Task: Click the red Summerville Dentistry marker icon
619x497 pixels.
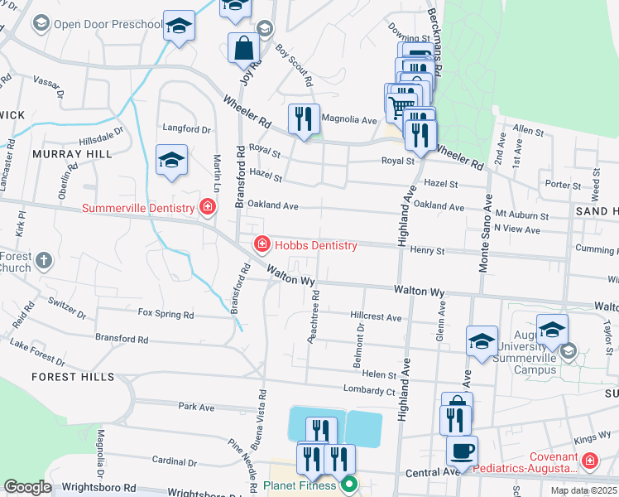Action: point(207,207)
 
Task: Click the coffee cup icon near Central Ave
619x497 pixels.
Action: point(462,451)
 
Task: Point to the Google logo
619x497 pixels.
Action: point(27,487)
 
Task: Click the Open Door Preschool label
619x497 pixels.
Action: point(108,24)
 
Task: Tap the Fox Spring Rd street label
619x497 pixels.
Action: point(166,315)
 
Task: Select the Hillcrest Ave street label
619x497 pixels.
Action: point(375,317)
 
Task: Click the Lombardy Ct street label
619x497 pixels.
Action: point(368,389)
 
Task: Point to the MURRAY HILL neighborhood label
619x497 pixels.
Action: point(71,154)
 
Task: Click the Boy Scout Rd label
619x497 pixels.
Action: point(295,66)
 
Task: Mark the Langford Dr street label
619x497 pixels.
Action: point(187,129)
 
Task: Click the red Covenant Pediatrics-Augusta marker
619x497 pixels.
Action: point(589,459)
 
